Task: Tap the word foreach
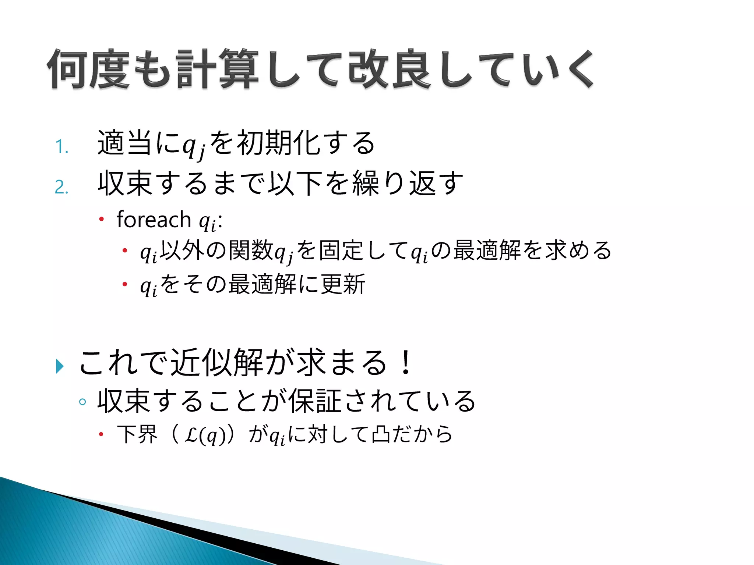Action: pyautogui.click(x=154, y=220)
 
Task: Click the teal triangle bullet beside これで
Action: pyautogui.click(x=60, y=366)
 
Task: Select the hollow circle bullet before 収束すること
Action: pyautogui.click(x=82, y=402)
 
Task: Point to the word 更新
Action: pyautogui.click(x=343, y=284)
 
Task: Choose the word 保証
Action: pyautogui.click(x=315, y=401)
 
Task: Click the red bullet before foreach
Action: pyautogui.click(x=102, y=220)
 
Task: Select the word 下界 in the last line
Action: pyautogui.click(x=137, y=434)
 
